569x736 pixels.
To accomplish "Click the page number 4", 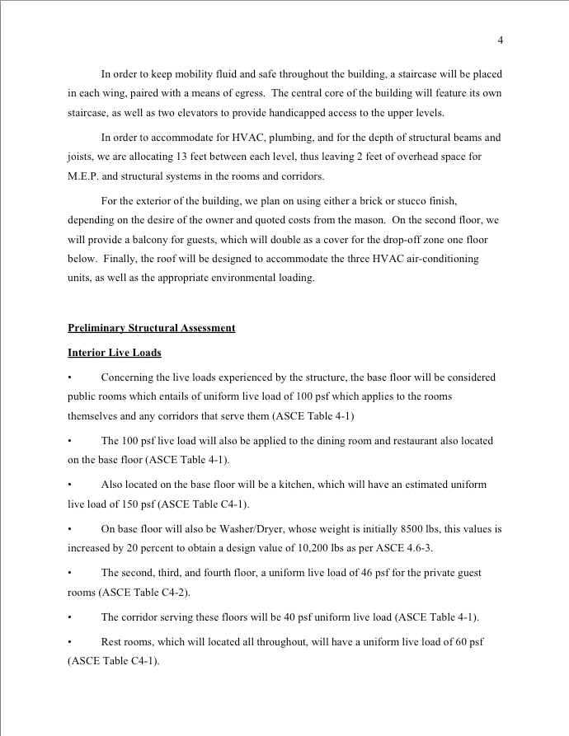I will click(x=501, y=40).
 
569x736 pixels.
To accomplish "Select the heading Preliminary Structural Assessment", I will click(x=151, y=328).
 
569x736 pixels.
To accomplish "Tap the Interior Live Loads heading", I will click(x=115, y=353).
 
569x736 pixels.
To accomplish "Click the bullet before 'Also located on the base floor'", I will click(x=70, y=485).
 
